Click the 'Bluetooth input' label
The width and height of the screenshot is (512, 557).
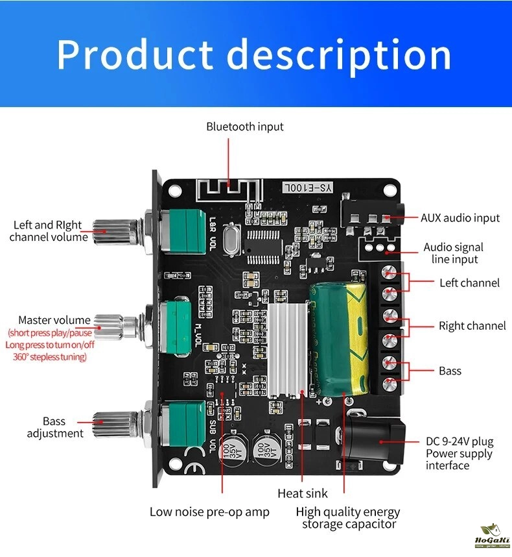pyautogui.click(x=245, y=127)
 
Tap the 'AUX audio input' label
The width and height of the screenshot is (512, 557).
pyautogui.click(x=460, y=218)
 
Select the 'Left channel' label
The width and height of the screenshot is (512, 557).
pyautogui.click(x=469, y=282)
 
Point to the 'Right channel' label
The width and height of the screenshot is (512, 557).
pyautogui.click(x=472, y=326)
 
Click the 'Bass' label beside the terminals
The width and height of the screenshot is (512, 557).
pyautogui.click(x=450, y=371)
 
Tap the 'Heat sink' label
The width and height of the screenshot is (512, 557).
pyautogui.click(x=303, y=493)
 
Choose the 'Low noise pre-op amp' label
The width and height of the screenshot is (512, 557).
pyautogui.click(x=209, y=512)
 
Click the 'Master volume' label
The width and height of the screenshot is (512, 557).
pyautogui.click(x=54, y=320)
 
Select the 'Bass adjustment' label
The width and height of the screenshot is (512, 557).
pyautogui.click(x=55, y=427)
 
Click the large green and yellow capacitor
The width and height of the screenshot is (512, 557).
pyautogui.click(x=336, y=338)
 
